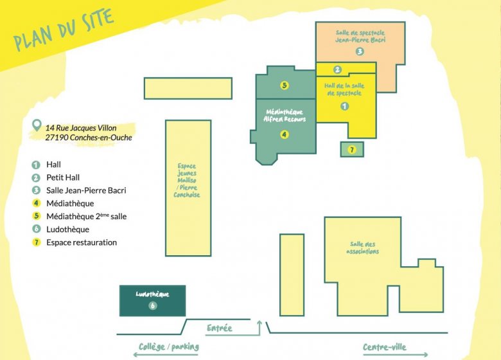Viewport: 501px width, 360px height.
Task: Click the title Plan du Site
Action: (64, 30)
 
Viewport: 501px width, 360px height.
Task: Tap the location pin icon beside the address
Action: (37, 125)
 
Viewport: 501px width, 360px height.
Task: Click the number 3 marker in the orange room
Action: (360, 51)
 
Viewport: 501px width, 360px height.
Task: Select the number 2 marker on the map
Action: (337, 69)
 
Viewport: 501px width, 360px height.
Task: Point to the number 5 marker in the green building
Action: (284, 85)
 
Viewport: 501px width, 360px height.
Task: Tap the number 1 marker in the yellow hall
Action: (344, 106)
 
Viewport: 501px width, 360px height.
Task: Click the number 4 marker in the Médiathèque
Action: (284, 134)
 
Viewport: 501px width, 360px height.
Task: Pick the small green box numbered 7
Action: (352, 149)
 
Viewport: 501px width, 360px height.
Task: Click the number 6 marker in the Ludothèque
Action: (153, 305)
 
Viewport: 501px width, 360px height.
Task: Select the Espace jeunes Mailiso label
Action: (187, 180)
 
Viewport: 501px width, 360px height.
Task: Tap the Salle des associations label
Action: (362, 248)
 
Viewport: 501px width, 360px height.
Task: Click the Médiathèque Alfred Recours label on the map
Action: (285, 116)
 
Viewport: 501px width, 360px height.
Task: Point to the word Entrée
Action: (220, 328)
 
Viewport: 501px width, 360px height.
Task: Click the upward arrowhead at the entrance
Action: (259, 323)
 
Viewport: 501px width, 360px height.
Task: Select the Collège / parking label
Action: (169, 346)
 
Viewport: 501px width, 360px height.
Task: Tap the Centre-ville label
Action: (384, 347)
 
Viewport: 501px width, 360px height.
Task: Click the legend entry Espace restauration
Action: (82, 242)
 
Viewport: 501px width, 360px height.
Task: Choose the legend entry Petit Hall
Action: (63, 177)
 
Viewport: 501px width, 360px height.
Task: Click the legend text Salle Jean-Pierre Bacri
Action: (86, 190)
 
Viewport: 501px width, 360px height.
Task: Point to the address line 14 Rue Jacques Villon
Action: (81, 128)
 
